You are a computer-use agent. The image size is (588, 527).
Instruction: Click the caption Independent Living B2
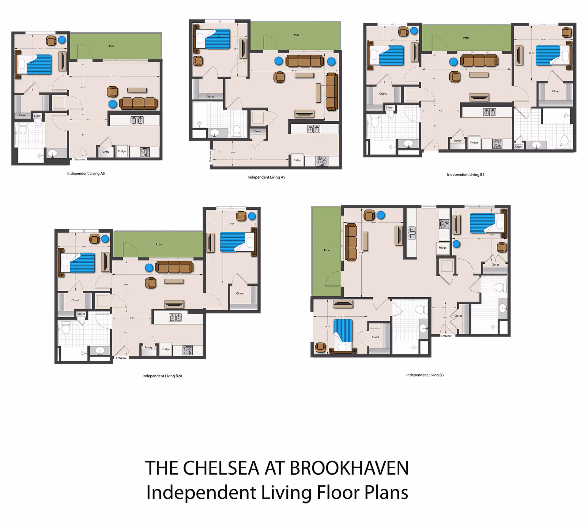pos(466,175)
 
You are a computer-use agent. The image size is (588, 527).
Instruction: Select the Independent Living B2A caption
pos(162,376)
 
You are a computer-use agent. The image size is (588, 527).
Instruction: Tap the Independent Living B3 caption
pos(425,375)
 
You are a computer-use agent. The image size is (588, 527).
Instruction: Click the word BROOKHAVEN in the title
pos(349,468)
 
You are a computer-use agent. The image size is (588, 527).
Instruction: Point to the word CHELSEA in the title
pos(221,468)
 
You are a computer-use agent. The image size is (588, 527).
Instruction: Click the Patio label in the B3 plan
pos(327,250)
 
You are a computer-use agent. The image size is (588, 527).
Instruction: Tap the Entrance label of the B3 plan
pos(446,336)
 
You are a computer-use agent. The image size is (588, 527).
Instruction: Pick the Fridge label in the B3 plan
pos(442,247)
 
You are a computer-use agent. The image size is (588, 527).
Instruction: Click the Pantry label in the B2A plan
pos(148,347)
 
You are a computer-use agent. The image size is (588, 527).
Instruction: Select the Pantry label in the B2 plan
pos(458,141)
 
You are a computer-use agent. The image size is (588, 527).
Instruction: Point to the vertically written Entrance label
pos(210,156)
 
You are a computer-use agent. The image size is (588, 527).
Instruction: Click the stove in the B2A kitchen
pos(187,350)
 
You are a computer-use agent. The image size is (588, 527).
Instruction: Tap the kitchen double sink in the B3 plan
pos(412,233)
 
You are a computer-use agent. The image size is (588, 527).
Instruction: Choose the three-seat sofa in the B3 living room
pos(351,242)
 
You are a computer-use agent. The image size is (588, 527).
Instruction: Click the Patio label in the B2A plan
pos(158,244)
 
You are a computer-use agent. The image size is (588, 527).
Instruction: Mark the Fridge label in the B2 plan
pos(474,142)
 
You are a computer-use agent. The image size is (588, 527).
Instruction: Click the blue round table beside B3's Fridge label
pos(456,244)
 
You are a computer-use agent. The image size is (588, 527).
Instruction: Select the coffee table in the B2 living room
pos(479,74)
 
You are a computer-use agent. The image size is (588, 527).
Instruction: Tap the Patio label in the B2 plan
pos(466,38)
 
